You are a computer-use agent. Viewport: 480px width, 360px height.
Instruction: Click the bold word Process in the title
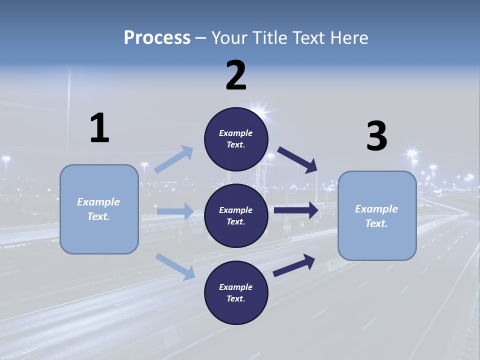coord(157,38)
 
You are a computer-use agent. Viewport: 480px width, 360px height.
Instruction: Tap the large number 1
coord(99,128)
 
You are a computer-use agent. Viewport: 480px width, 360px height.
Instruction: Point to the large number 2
coord(236,76)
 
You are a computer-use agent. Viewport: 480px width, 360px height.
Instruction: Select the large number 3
coord(376,136)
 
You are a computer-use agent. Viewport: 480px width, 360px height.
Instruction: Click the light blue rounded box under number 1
coord(99,209)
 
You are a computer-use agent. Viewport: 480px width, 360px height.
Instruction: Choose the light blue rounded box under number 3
coord(377,215)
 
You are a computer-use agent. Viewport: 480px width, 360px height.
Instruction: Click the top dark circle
coord(236,139)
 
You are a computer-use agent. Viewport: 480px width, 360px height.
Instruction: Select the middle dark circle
coord(236,215)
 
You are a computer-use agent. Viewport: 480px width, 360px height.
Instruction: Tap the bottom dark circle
coord(236,292)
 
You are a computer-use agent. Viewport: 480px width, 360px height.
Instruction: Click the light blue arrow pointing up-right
coord(174,159)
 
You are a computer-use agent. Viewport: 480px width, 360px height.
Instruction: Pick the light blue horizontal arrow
coord(175,211)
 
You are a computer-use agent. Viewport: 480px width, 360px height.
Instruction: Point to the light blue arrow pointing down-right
coord(175,266)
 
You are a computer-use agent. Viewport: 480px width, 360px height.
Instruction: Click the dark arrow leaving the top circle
coord(297,159)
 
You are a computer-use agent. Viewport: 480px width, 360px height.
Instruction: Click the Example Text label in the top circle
coord(236,139)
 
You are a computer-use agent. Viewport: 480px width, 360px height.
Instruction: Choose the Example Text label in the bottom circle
coord(236,292)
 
